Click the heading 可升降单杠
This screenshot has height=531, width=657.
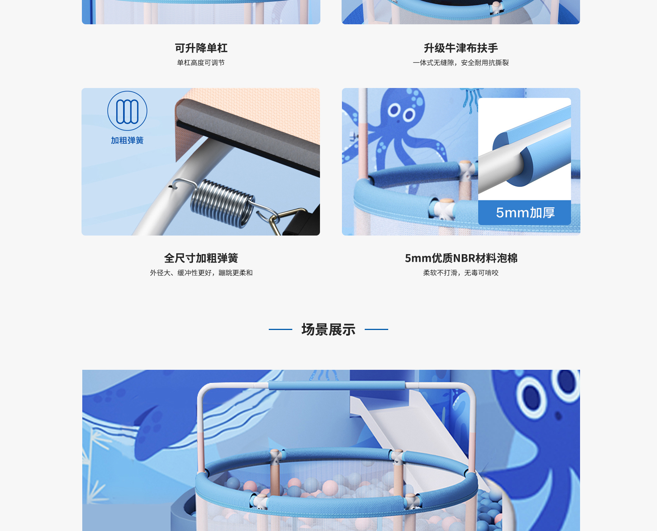[201, 48]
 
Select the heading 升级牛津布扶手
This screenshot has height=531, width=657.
[461, 48]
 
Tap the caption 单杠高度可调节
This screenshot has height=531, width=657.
[201, 63]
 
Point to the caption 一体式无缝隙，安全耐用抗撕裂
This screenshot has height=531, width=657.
[461, 63]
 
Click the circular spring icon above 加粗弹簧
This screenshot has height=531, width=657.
[127, 111]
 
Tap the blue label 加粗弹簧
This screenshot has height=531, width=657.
[127, 140]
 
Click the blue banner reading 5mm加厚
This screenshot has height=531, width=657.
[525, 212]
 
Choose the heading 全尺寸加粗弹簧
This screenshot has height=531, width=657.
[201, 258]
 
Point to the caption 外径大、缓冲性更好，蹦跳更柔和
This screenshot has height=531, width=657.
[201, 273]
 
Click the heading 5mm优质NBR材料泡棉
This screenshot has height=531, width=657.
[461, 258]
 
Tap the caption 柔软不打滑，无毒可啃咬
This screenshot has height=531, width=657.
[461, 273]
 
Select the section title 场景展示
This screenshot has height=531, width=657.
[328, 330]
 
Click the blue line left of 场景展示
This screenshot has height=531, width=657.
[281, 329]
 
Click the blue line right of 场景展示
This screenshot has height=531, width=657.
[376, 329]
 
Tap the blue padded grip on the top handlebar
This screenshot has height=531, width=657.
[337, 386]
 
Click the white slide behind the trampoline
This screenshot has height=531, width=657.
[409, 429]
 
